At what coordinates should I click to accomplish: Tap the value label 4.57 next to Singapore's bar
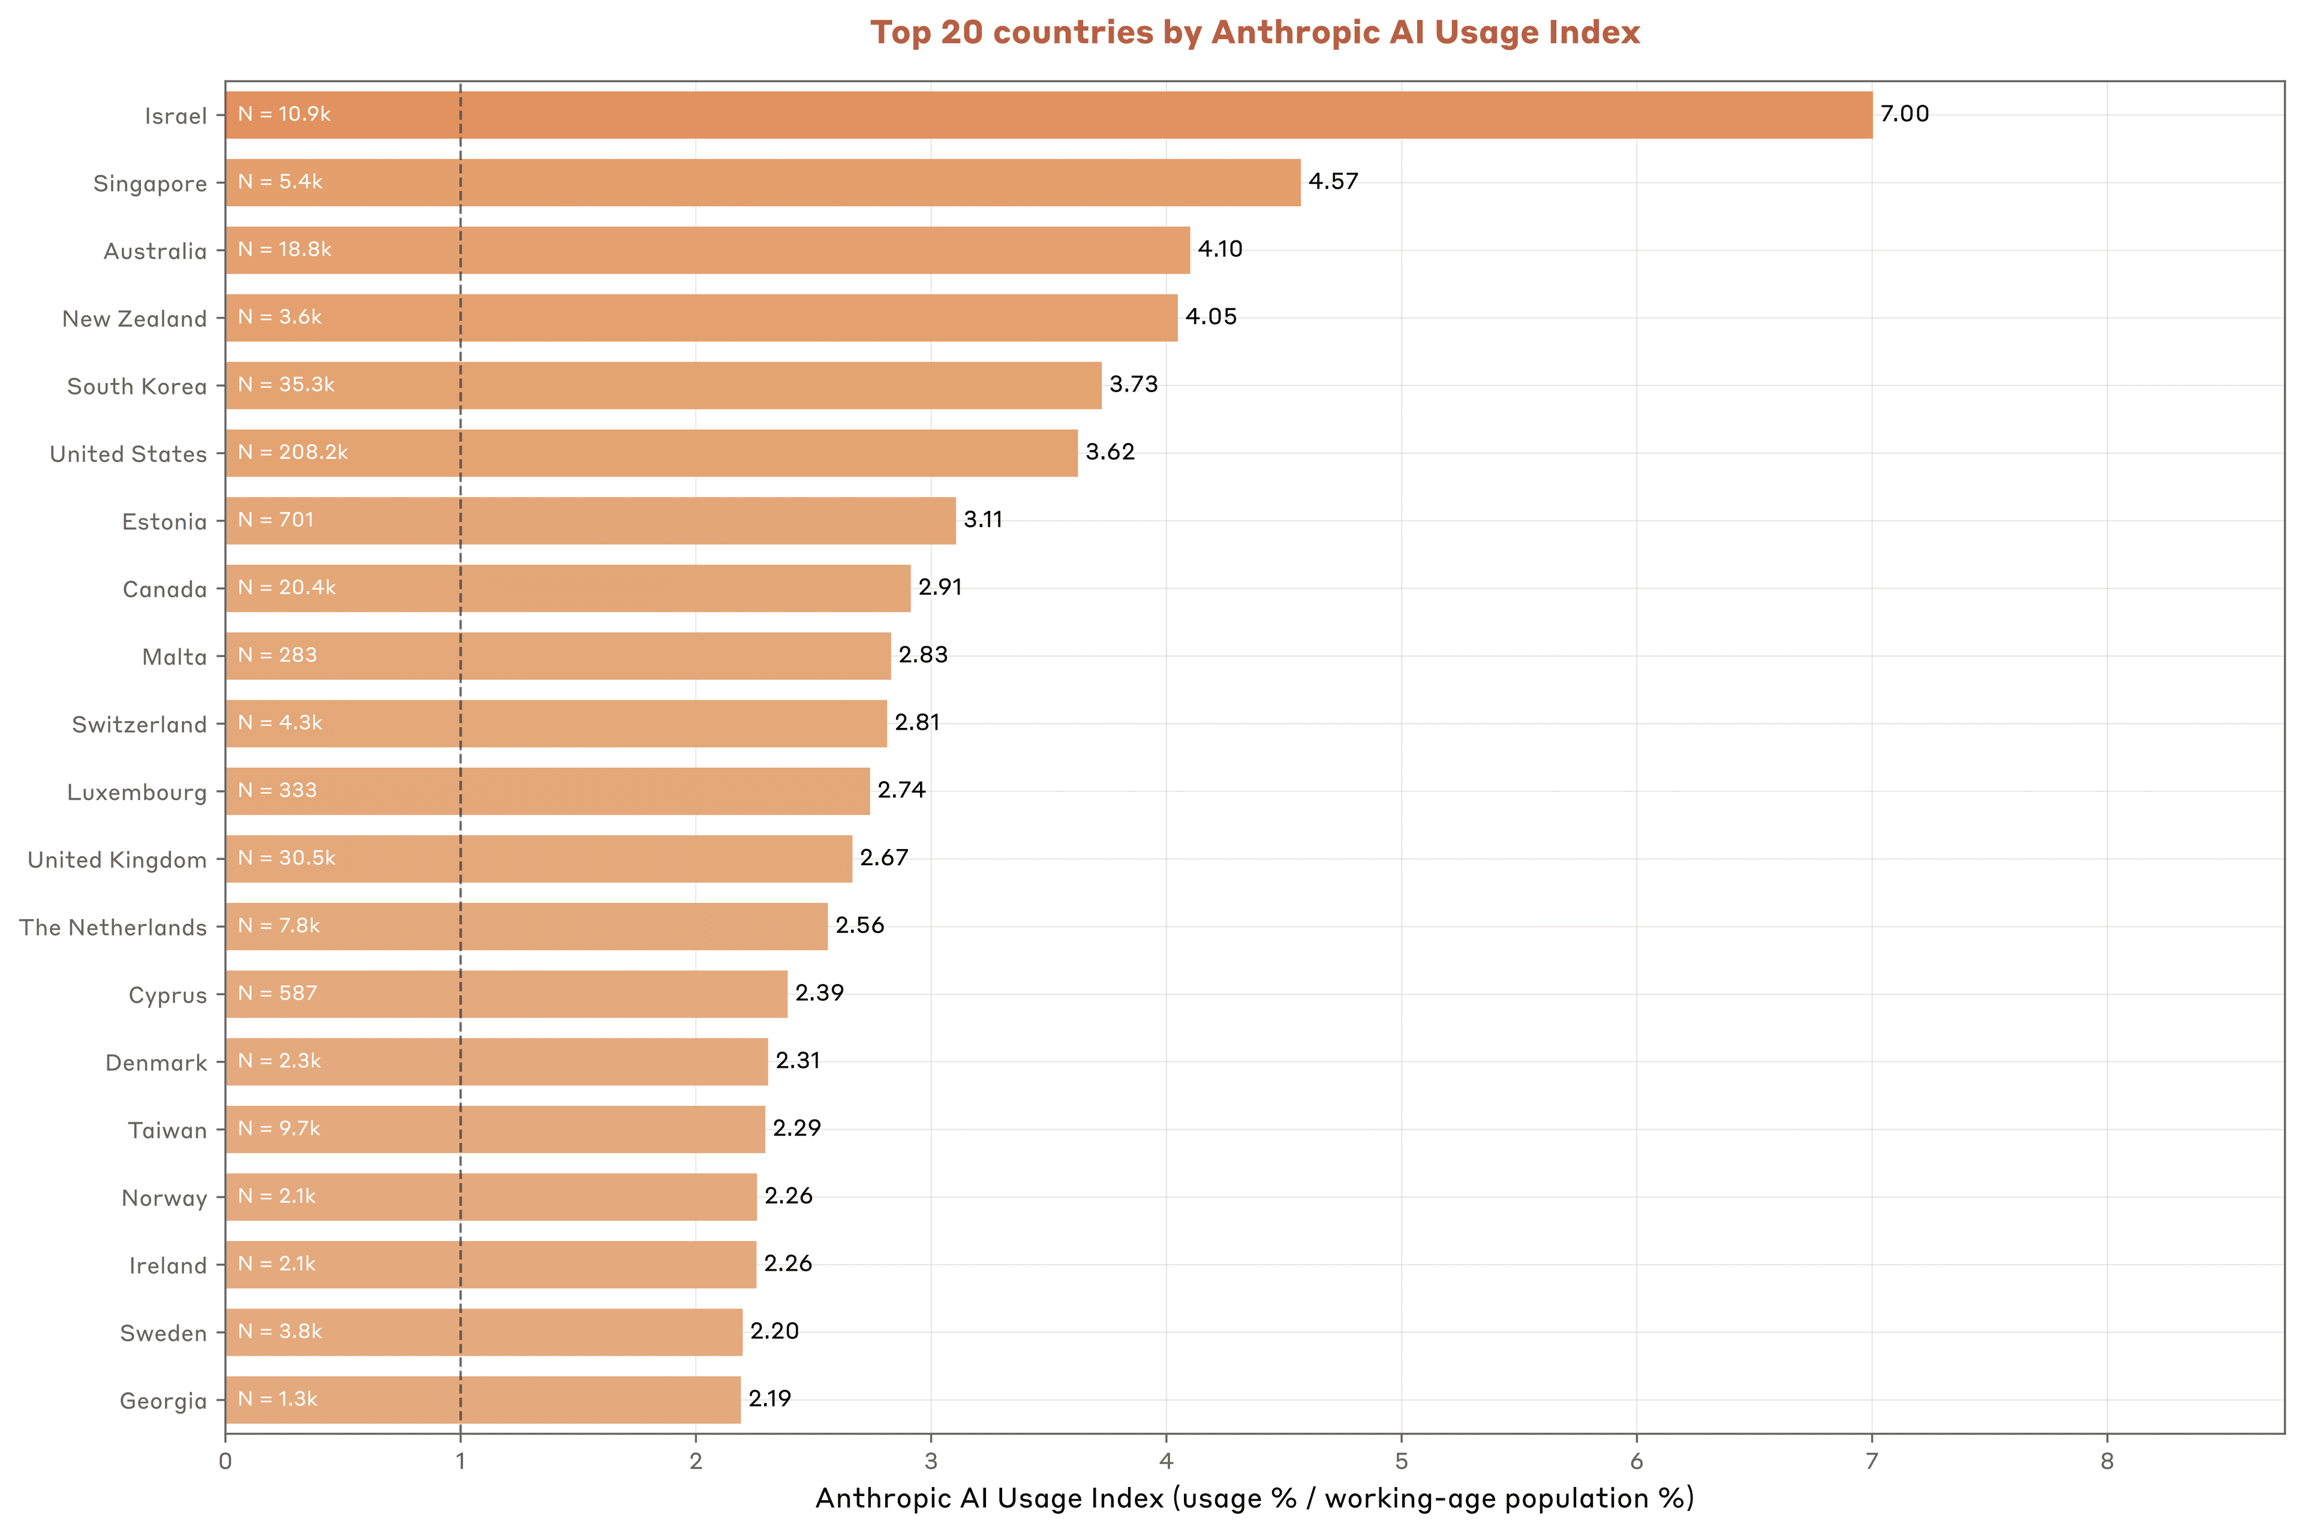[1333, 182]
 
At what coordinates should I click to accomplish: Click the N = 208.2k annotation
[292, 452]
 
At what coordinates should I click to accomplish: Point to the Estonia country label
[164, 522]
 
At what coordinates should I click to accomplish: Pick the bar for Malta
[557, 655]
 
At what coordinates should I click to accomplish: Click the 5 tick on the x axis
[1400, 1462]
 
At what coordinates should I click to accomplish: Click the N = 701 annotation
[275, 520]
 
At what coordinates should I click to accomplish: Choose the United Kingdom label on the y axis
[118, 860]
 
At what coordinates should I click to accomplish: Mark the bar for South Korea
[663, 385]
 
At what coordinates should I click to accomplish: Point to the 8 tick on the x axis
[2107, 1462]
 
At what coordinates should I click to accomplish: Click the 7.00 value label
[1904, 115]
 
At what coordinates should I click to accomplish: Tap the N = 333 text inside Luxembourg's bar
[278, 790]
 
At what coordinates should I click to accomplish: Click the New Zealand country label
[135, 320]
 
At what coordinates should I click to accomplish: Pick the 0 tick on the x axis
[226, 1462]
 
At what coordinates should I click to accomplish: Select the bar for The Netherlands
[526, 926]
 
